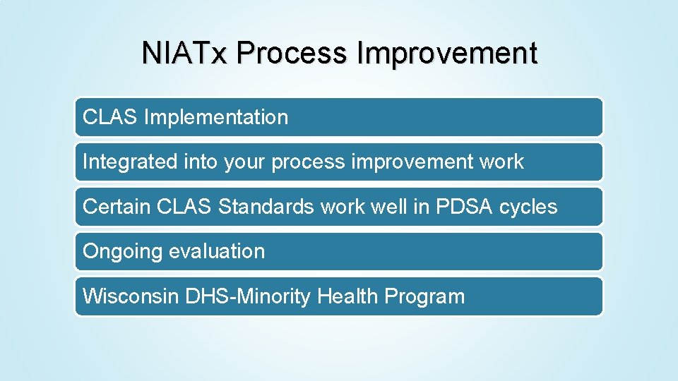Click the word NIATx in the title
coord(185,54)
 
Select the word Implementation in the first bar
coord(215,117)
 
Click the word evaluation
coord(221,251)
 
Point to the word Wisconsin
coord(131,296)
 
